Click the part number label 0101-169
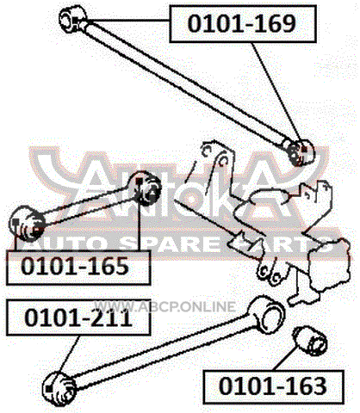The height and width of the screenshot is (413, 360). (x=243, y=24)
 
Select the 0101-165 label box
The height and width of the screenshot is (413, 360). (x=78, y=268)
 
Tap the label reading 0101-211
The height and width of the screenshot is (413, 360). (x=78, y=317)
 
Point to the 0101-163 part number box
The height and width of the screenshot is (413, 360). (x=273, y=387)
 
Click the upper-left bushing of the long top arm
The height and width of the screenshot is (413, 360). (x=72, y=19)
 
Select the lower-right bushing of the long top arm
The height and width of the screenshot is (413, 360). (x=300, y=151)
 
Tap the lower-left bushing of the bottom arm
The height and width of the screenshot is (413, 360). (x=59, y=388)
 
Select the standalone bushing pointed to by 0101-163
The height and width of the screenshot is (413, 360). (x=310, y=342)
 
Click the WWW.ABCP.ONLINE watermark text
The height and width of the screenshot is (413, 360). (x=164, y=306)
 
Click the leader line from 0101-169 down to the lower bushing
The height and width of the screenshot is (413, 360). (x=278, y=96)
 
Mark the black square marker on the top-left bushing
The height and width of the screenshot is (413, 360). (x=76, y=21)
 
